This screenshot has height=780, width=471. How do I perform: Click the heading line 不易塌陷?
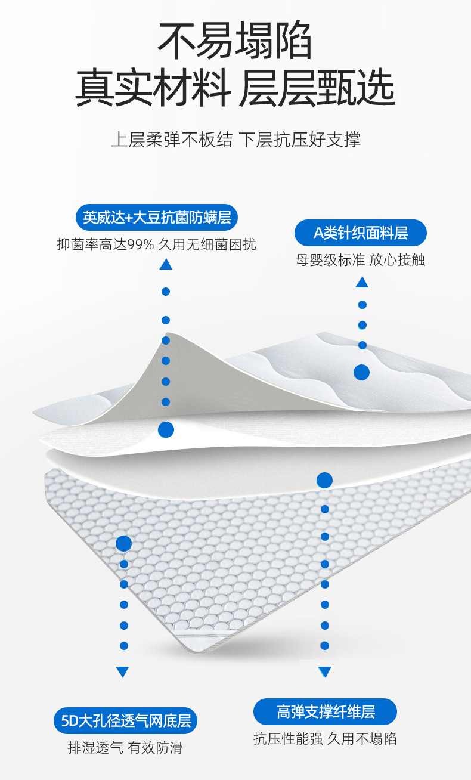[235, 41]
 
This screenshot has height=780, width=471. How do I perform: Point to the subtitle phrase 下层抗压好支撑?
[300, 140]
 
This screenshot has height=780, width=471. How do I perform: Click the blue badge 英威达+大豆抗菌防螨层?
[157, 217]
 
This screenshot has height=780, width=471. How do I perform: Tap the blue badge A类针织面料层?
[361, 233]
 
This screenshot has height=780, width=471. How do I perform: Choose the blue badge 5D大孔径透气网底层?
[125, 721]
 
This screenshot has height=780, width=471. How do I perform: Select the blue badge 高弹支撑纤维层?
[325, 711]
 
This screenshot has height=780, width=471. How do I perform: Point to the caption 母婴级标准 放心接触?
[361, 259]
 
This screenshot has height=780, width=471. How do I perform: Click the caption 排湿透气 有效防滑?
[125, 748]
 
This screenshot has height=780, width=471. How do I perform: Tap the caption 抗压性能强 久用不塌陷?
[325, 739]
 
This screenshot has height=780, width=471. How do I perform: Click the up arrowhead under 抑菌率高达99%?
[166, 264]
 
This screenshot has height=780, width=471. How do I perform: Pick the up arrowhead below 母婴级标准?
[362, 282]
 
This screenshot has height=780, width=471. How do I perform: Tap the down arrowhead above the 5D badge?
[123, 672]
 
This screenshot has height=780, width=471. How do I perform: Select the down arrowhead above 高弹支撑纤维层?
[324, 672]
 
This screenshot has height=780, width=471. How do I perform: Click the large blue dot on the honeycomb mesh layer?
[123, 543]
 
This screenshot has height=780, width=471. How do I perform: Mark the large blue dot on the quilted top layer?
[361, 373]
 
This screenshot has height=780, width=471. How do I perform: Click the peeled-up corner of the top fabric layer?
[173, 352]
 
